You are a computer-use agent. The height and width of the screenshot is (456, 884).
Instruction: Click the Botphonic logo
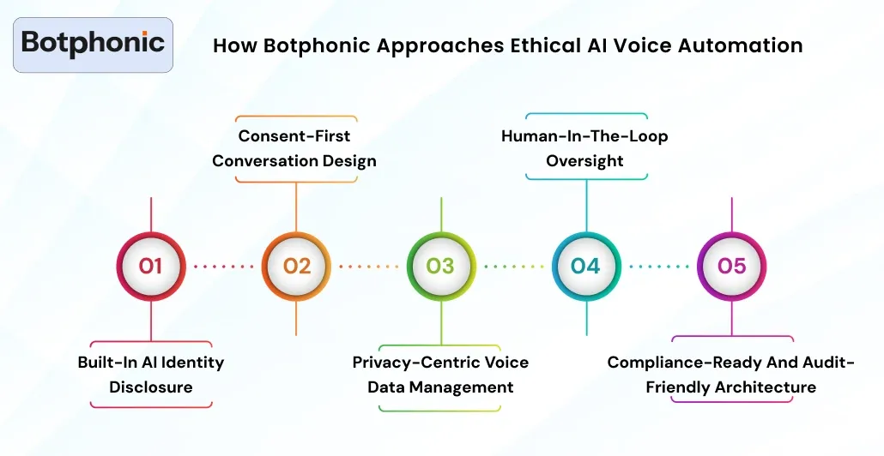click(93, 44)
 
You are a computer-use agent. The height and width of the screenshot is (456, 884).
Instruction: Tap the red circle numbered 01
click(151, 266)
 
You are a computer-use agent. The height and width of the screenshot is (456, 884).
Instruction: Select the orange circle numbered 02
click(296, 266)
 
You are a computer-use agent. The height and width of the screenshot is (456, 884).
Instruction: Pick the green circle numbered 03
click(440, 266)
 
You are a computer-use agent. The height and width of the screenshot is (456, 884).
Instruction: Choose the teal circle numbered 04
click(585, 266)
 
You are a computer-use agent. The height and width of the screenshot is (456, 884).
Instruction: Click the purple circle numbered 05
click(731, 266)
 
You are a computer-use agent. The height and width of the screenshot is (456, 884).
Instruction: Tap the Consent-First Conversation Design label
click(294, 148)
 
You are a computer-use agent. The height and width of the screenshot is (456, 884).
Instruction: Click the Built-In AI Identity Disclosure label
click(151, 375)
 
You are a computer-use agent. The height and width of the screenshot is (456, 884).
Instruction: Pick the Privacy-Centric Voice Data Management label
click(440, 375)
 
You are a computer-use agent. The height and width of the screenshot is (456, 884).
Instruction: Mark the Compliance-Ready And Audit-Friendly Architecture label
click(731, 375)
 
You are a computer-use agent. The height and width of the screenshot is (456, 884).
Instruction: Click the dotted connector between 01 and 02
click(224, 267)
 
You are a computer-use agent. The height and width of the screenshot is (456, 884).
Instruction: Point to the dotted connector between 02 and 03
click(368, 267)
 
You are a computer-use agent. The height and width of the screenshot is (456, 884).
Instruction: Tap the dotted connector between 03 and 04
click(513, 267)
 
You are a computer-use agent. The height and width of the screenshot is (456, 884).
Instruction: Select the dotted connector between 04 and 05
click(658, 267)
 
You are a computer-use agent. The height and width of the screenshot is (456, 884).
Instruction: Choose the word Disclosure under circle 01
click(151, 387)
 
